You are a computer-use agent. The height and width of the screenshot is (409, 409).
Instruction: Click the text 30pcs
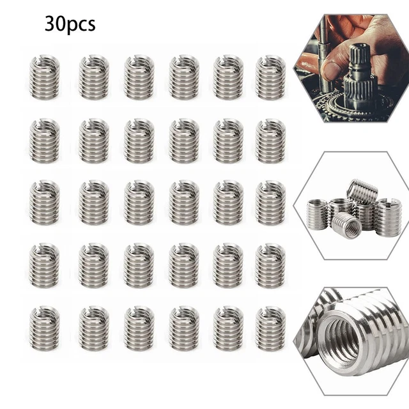(70, 24)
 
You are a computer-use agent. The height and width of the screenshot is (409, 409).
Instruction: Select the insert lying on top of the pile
(362, 192)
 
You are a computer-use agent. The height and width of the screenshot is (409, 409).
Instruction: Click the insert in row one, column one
(45, 77)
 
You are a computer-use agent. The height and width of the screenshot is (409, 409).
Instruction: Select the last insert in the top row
(270, 77)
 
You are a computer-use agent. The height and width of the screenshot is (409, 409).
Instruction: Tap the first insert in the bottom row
(45, 328)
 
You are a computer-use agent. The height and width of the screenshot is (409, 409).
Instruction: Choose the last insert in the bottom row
(270, 328)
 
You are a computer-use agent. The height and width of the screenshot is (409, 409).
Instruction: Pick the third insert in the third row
(139, 203)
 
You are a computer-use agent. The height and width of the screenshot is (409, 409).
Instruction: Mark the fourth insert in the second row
(184, 140)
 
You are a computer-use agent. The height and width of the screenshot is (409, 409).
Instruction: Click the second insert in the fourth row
(94, 265)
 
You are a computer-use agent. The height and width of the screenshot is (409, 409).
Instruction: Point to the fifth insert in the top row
(228, 77)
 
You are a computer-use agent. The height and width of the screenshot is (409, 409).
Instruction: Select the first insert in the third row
(45, 203)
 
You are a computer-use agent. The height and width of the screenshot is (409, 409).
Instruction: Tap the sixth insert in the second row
(270, 140)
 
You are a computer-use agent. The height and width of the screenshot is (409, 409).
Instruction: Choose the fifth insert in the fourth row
(228, 265)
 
